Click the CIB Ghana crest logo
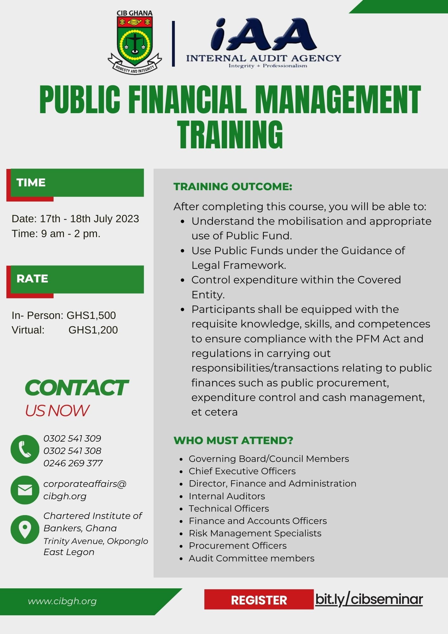tap(135, 42)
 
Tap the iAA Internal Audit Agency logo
tap(264, 43)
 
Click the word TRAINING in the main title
tap(230, 134)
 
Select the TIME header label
tap(31, 183)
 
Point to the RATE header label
tap(32, 279)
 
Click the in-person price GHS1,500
tap(91, 315)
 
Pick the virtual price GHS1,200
tap(93, 330)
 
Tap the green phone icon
tap(25, 449)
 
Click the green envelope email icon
tap(25, 490)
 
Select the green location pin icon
tap(25, 530)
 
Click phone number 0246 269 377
tap(73, 463)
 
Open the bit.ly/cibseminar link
tap(369, 599)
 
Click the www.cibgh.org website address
tap(62, 601)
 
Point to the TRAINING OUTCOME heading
tap(233, 186)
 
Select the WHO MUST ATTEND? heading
tap(234, 440)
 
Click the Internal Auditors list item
tap(227, 496)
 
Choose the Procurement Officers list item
tap(238, 546)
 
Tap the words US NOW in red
tap(57, 411)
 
